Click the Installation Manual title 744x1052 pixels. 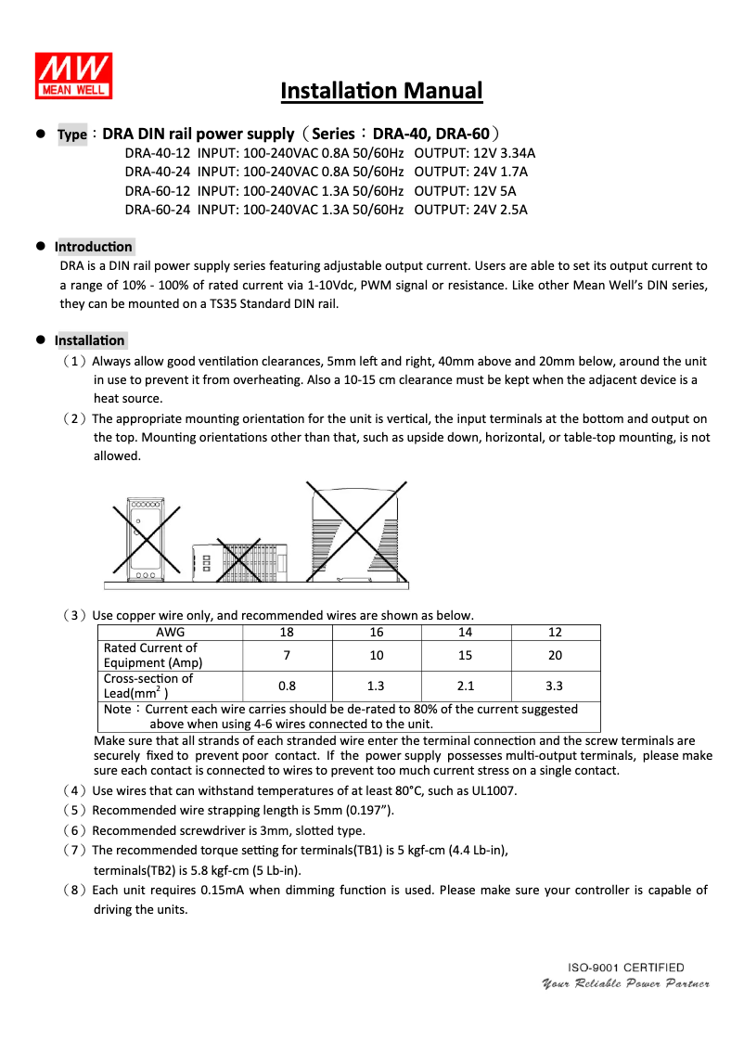[x=381, y=91]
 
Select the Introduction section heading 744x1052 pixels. [x=94, y=247]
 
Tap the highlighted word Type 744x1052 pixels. [x=72, y=135]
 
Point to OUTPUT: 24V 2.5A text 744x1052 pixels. [x=470, y=210]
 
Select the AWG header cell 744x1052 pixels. [x=170, y=633]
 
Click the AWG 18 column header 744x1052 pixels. [x=287, y=633]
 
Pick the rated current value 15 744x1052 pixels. [x=465, y=655]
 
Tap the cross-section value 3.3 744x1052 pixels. [x=555, y=686]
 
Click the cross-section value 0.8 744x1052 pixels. [x=287, y=686]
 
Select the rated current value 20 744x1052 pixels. [x=555, y=655]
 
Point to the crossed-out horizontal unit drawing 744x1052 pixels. [x=239, y=561]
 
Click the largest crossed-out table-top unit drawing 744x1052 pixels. [x=357, y=532]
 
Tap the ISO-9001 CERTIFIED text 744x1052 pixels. [x=626, y=968]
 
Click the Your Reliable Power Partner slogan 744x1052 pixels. [x=625, y=983]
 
